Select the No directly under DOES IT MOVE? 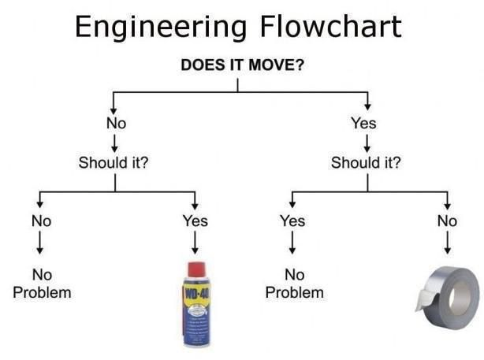pyautogui.click(x=116, y=123)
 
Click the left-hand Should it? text pyautogui.click(x=115, y=163)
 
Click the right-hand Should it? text pyautogui.click(x=366, y=163)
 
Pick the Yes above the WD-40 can pyautogui.click(x=195, y=221)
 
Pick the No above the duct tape pyautogui.click(x=447, y=221)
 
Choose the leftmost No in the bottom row pyautogui.click(x=41, y=221)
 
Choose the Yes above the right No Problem pyautogui.click(x=292, y=221)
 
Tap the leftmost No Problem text pyautogui.click(x=41, y=284)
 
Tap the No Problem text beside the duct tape pyautogui.click(x=294, y=284)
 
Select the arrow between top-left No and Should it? pyautogui.click(x=116, y=143)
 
